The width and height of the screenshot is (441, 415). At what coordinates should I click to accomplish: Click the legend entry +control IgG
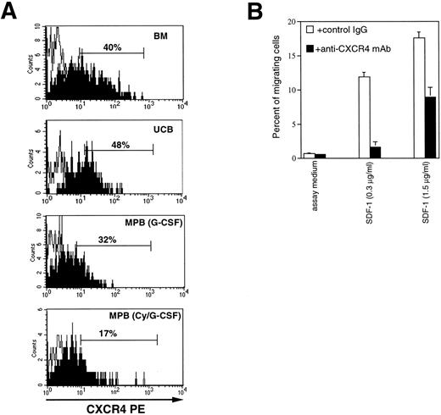click(339, 30)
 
